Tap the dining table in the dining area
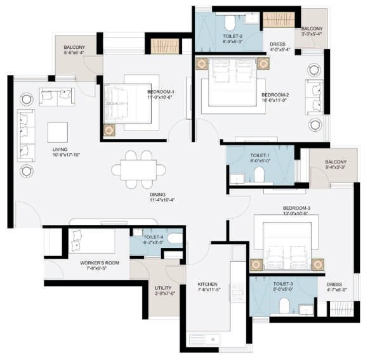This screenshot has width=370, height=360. [138, 169]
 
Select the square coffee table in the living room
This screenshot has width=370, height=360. [57, 132]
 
